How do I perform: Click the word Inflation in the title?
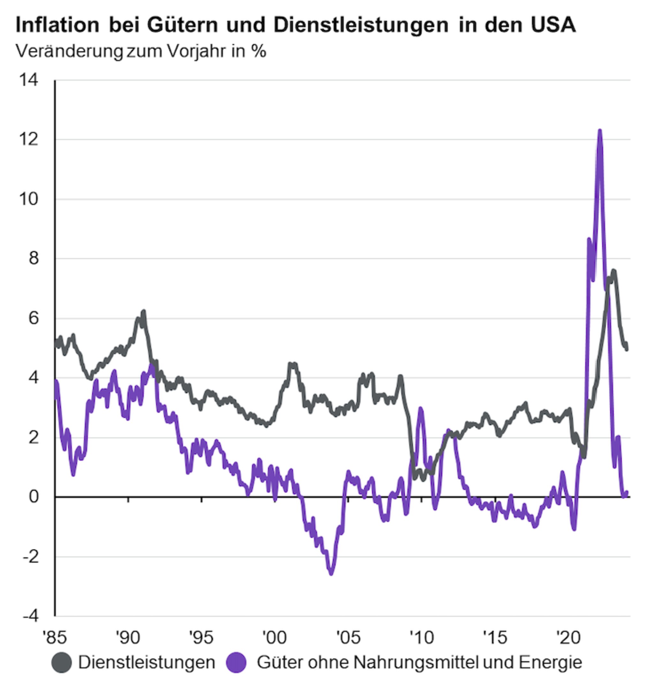[x=57, y=25]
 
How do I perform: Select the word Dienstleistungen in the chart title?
[x=361, y=25]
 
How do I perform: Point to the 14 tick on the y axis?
[x=29, y=80]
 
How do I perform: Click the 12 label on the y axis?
[x=29, y=140]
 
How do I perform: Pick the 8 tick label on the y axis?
[x=34, y=258]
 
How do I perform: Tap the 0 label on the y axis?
[x=34, y=497]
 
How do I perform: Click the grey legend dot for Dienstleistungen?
[x=62, y=663]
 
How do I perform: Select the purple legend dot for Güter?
[x=236, y=663]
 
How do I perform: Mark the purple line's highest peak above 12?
[x=600, y=131]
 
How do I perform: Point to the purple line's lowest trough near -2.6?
[x=331, y=574]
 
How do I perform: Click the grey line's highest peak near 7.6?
[x=613, y=271]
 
